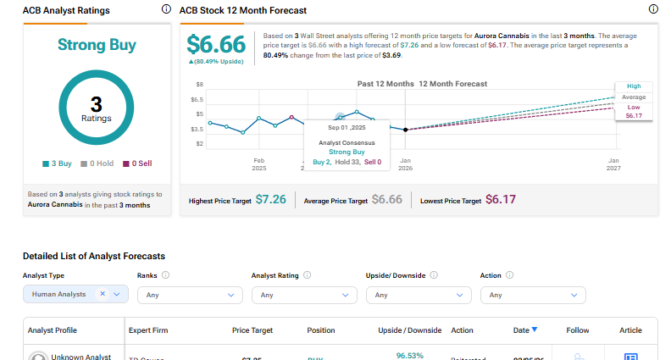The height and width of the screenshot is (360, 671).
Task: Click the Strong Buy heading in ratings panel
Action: coord(96,44)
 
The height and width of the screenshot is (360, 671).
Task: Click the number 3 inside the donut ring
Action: coord(96,104)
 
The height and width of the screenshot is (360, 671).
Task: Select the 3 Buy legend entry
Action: coord(58,163)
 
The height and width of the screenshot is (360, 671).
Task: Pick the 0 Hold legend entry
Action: coord(97,163)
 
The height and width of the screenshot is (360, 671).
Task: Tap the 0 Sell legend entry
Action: coord(136,163)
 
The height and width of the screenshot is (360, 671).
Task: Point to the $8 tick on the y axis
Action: coord(200,85)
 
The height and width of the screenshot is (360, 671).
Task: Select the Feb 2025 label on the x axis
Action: coord(259,163)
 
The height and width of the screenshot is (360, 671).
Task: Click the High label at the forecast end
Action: coord(633,86)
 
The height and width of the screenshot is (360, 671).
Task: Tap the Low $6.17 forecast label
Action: coord(633,112)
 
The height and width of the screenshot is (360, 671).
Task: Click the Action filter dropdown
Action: coord(533,295)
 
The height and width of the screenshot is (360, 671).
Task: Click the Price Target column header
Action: coord(252,330)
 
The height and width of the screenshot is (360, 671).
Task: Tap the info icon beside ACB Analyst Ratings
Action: coord(165,9)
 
